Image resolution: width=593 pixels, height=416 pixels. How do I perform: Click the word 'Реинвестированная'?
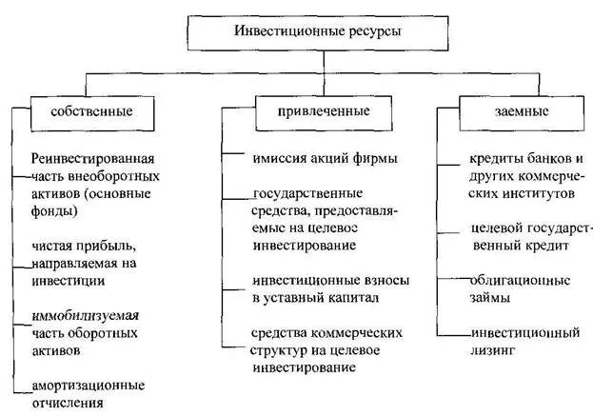click(x=92, y=158)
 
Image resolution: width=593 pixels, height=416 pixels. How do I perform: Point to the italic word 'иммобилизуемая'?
click(x=85, y=314)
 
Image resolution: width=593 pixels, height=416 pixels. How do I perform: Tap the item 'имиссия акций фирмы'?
click(x=324, y=159)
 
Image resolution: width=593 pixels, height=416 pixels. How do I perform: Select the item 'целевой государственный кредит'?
click(x=531, y=237)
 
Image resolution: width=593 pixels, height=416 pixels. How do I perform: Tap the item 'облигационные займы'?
click(x=519, y=288)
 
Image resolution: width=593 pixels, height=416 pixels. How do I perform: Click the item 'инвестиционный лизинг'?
click(x=524, y=342)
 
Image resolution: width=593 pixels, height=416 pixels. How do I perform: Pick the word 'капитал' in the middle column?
click(x=351, y=298)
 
